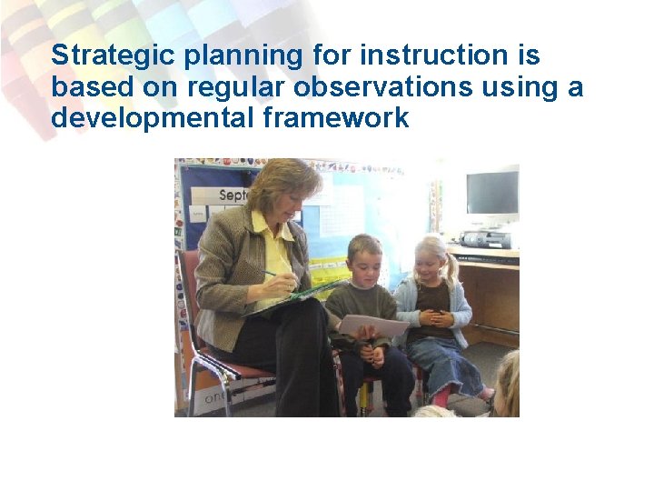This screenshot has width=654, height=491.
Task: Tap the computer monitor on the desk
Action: [491, 194]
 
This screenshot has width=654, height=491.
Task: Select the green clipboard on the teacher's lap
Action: [300, 295]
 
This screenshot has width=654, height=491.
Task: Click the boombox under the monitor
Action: [486, 239]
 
